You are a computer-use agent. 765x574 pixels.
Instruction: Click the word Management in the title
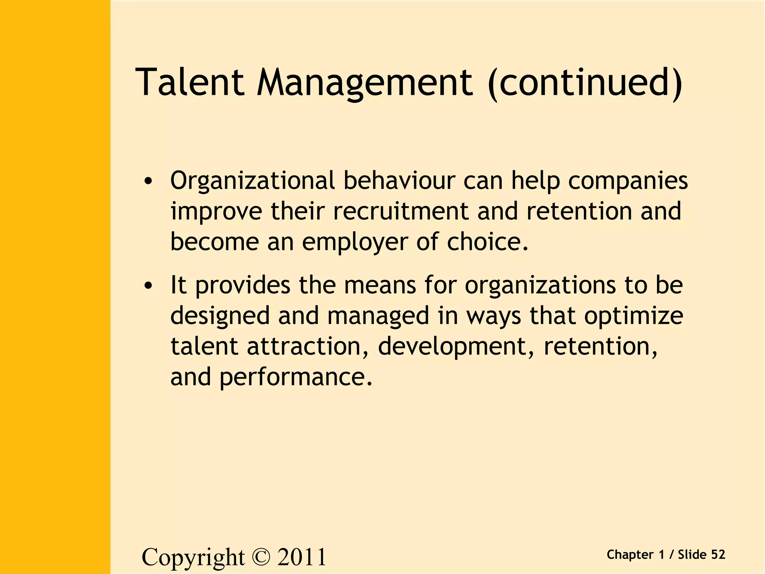click(365, 83)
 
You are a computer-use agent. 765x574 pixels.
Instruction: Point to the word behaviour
click(399, 181)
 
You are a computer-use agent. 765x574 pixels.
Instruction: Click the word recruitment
click(400, 212)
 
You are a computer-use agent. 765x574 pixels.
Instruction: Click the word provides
click(243, 286)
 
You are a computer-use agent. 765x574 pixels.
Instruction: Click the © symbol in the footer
click(260, 557)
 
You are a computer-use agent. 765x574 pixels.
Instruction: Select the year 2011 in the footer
click(301, 557)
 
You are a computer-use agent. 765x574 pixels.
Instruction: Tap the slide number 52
click(718, 555)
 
